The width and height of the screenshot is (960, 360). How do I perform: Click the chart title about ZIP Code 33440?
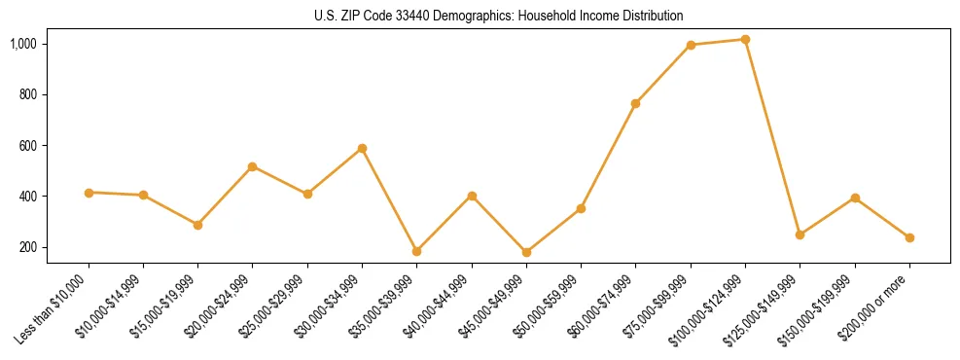coord(499,16)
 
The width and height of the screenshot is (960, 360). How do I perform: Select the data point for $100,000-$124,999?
coord(745,40)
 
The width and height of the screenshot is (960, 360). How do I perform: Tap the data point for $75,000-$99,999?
coord(691,45)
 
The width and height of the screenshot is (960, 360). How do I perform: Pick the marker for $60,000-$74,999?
coord(636,103)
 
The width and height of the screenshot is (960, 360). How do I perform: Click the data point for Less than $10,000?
coord(89,193)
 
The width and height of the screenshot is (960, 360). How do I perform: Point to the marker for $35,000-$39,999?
coord(417,251)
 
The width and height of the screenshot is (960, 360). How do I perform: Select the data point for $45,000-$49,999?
coord(526,252)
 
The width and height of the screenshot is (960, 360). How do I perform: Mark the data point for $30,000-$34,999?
coord(362,148)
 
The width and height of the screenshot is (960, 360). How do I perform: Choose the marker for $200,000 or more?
coord(909,237)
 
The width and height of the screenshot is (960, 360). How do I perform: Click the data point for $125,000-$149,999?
coord(800,234)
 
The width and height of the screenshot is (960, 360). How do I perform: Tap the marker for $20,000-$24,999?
coord(253,166)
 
